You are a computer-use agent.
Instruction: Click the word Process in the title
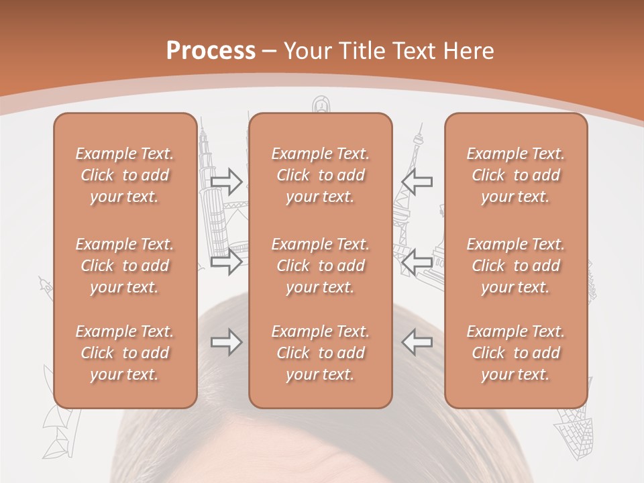(x=211, y=50)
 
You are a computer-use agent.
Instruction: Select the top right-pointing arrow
(x=227, y=181)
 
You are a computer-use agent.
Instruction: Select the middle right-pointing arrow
(x=227, y=262)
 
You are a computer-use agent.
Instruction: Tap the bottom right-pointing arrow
(x=227, y=342)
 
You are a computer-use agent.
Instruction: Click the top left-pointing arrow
(x=417, y=181)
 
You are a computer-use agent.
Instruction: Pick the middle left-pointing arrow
(x=417, y=262)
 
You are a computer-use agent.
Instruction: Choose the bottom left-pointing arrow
(x=417, y=342)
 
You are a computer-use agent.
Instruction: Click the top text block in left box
(x=125, y=175)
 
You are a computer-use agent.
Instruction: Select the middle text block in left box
(x=125, y=266)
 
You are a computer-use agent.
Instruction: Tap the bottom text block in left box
(x=125, y=353)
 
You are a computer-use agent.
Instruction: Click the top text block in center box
(x=321, y=175)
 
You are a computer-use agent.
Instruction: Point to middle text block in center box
(x=321, y=266)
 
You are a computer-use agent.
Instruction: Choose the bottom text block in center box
(x=321, y=353)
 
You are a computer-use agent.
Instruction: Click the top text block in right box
(x=516, y=175)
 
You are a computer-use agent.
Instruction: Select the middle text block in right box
(x=516, y=266)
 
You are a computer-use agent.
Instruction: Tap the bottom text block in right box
(x=516, y=353)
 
